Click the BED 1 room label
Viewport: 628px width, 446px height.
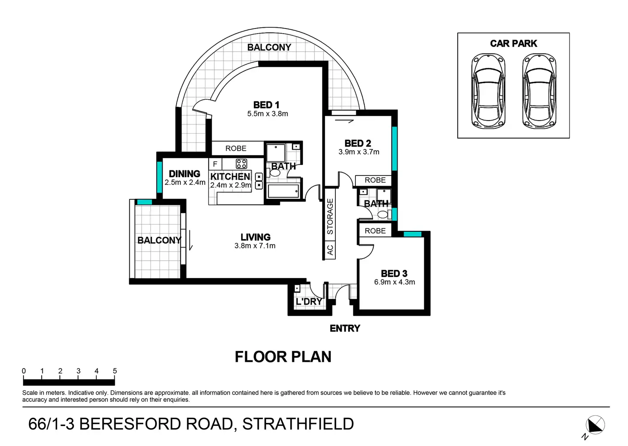pos(266,105)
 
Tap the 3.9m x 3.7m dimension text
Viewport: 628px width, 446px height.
pos(359,152)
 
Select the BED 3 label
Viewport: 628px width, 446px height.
pos(394,273)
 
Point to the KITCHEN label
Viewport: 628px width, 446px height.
pos(230,176)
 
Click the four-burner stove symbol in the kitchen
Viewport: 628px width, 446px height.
pos(241,164)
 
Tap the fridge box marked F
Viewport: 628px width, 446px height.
pos(215,164)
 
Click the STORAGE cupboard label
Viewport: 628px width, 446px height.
pos(330,216)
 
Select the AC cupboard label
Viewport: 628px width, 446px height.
pos(330,250)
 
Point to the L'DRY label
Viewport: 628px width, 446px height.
pos(309,302)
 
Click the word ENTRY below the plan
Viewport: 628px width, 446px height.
pos(345,328)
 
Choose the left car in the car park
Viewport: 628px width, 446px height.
pos(488,91)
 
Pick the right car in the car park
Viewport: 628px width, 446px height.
pos(539,91)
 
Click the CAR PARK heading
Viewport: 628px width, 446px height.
pos(513,43)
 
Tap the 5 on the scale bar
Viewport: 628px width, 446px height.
pos(115,371)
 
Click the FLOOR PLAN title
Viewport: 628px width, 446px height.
pos(283,357)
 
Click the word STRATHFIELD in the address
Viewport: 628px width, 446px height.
pos(298,424)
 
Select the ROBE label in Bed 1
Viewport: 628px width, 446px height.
pos(236,148)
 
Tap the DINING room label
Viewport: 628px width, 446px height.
pos(184,174)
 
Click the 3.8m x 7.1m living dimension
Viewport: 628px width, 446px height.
pos(255,246)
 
